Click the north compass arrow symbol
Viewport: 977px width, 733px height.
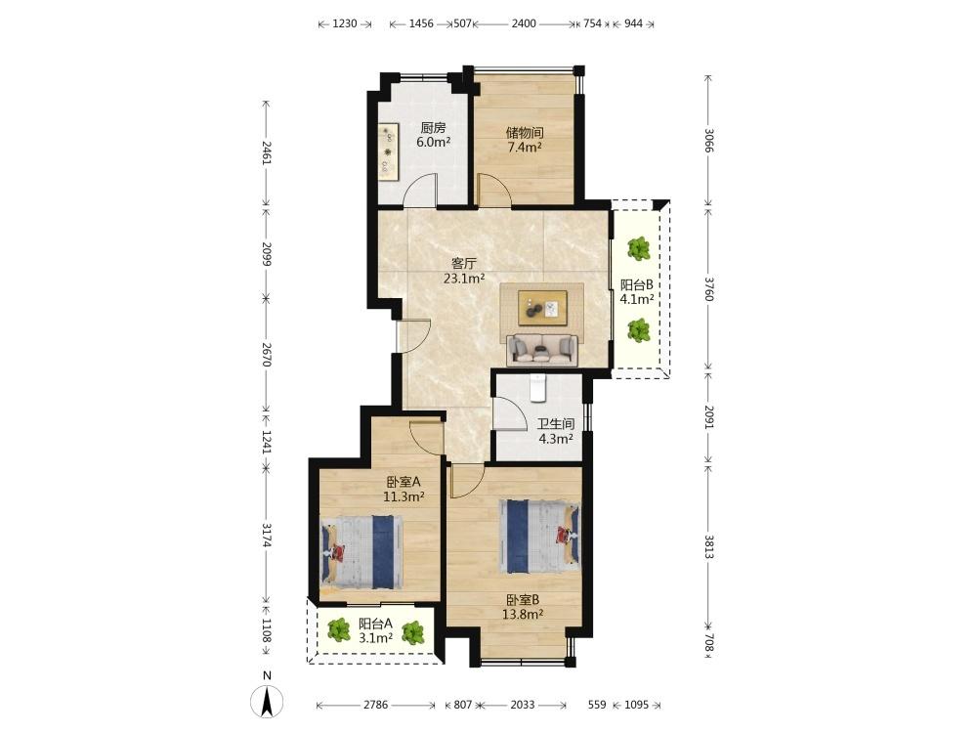pos(267,701)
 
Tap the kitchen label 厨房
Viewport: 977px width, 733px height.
pos(433,128)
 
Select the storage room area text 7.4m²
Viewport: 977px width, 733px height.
pos(524,148)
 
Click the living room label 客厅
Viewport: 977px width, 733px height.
pos(463,263)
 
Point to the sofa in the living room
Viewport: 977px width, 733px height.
pos(541,350)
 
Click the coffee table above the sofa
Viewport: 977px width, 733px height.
pos(542,307)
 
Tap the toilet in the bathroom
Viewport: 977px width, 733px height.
pos(537,388)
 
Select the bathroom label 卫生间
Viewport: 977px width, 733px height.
pos(556,424)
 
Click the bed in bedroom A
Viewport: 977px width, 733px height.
pos(361,551)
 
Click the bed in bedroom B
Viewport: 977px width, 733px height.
pos(539,536)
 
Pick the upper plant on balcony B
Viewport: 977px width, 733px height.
pos(639,248)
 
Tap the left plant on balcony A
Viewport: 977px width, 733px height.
pos(339,630)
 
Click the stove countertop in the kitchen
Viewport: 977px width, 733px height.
pos(388,151)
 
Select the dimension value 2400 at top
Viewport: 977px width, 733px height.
pos(524,23)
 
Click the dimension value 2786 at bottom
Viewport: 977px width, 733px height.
pos(376,705)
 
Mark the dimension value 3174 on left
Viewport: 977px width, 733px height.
pos(267,535)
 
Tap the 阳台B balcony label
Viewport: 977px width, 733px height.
pos(637,284)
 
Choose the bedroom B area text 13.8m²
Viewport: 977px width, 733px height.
pos(523,614)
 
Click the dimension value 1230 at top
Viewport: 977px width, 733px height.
pos(345,23)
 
